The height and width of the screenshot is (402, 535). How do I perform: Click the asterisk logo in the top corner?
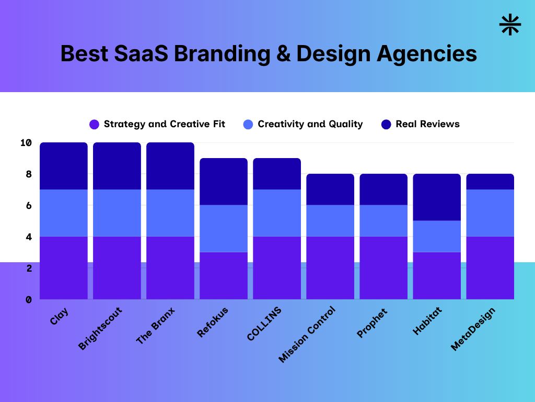(510, 25)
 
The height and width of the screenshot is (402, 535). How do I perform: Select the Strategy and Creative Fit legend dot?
(94, 125)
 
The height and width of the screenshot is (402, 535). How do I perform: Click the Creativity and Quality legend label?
(310, 124)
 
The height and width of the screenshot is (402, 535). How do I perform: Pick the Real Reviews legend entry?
(427, 124)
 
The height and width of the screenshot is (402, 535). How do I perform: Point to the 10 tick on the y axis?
(27, 143)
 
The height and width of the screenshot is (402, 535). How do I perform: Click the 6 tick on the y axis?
(29, 206)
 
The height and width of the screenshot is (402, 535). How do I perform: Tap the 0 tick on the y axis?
(29, 299)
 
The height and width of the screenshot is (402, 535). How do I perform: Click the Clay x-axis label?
(60, 316)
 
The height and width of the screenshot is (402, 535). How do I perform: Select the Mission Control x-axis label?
(307, 334)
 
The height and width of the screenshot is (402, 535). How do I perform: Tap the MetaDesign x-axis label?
(473, 329)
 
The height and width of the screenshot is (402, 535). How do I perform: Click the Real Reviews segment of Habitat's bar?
(437, 197)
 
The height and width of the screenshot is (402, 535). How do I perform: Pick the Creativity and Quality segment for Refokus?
(224, 228)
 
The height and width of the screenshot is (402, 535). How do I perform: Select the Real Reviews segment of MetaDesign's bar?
(490, 182)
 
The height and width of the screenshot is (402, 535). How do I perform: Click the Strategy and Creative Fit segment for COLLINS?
(277, 267)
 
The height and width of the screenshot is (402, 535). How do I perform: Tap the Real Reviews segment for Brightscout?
(117, 166)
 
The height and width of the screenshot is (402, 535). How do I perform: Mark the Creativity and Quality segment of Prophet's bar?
(383, 220)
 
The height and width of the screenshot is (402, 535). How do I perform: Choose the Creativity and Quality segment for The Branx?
(170, 213)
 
